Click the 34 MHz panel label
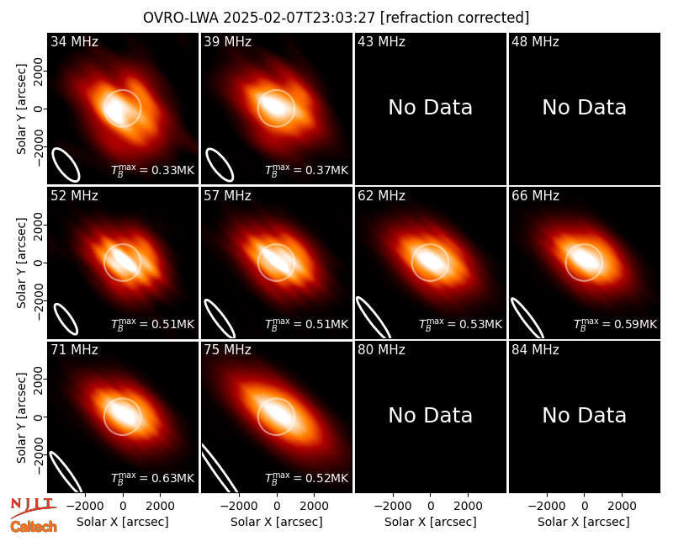click(x=74, y=41)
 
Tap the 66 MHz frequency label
click(x=535, y=196)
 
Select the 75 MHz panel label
click(x=227, y=350)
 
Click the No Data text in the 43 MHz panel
click(x=430, y=108)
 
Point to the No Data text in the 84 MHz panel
click(x=584, y=416)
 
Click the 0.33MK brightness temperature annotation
click(x=153, y=170)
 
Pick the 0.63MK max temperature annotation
click(x=153, y=477)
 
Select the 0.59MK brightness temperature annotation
click(x=615, y=324)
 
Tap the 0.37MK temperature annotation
click(x=306, y=170)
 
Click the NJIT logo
click(x=33, y=507)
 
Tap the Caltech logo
click(x=34, y=527)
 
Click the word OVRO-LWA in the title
click(x=181, y=18)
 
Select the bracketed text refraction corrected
click(x=455, y=18)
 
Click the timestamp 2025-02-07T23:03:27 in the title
click(x=299, y=18)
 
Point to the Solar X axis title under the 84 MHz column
click(x=584, y=522)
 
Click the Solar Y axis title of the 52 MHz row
click(x=21, y=263)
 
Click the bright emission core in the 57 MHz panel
click(x=276, y=261)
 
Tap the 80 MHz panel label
click(x=381, y=350)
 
